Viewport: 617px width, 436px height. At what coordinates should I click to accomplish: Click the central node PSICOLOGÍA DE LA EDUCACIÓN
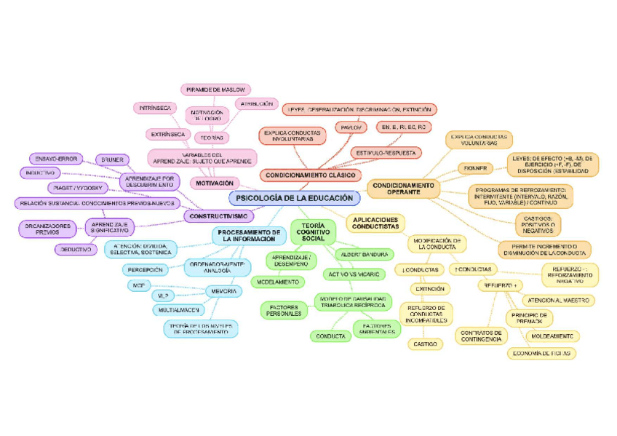(x=295, y=198)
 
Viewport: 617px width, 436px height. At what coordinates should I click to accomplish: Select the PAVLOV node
(x=350, y=127)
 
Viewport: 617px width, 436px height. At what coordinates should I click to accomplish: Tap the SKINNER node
(x=477, y=168)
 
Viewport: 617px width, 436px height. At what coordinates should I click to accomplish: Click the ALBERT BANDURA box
(x=363, y=254)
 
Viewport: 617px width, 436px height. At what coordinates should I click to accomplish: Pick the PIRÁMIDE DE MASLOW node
(x=215, y=90)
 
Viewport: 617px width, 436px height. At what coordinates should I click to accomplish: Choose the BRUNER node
(x=112, y=159)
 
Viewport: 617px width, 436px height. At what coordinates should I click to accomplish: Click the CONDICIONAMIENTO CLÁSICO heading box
(x=309, y=175)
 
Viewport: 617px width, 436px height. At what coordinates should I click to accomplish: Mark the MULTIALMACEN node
(x=180, y=310)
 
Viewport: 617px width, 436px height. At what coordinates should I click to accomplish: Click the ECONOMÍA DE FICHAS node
(x=541, y=353)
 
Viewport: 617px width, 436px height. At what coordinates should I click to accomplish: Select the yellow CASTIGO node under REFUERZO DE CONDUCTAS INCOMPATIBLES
(x=426, y=343)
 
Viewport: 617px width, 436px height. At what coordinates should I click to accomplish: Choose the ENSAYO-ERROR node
(x=56, y=159)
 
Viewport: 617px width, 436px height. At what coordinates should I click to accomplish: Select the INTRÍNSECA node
(x=155, y=108)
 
